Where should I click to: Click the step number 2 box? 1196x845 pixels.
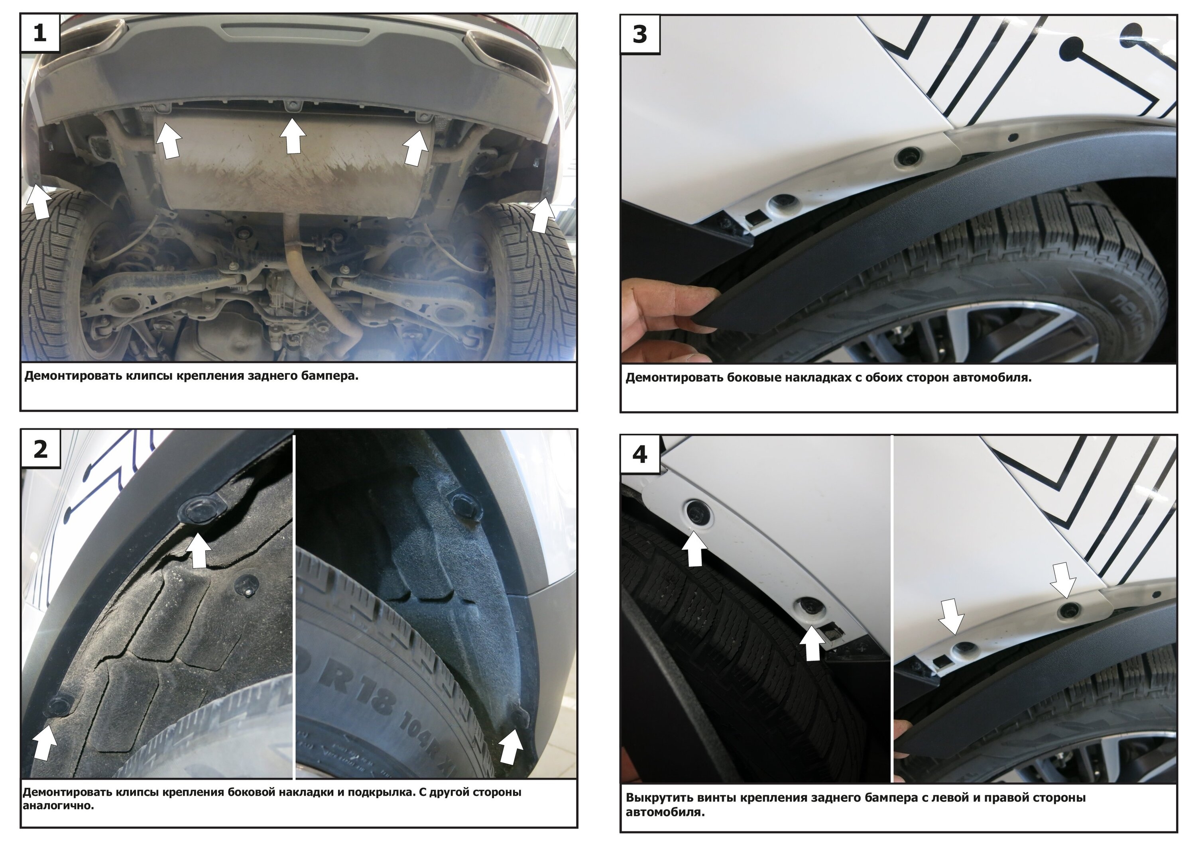click(x=40, y=449)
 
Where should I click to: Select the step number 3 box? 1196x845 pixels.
click(x=640, y=34)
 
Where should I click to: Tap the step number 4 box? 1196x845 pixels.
click(x=640, y=455)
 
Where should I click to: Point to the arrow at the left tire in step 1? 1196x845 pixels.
click(x=38, y=202)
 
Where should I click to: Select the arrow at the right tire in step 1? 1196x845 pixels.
click(x=542, y=216)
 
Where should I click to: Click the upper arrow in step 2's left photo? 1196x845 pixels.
click(x=199, y=551)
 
